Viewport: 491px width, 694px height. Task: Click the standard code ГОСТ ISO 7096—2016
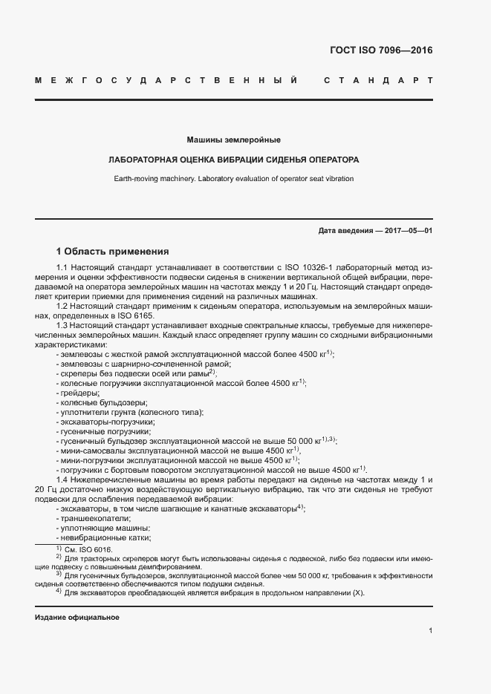(380, 51)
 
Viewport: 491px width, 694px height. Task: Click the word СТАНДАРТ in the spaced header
(378, 79)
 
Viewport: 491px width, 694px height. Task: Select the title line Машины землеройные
(233, 140)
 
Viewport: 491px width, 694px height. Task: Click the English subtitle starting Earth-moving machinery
(233, 178)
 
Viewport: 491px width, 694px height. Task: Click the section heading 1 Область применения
(113, 252)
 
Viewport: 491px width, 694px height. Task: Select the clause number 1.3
(62, 326)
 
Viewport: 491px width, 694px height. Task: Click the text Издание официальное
(77, 618)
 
